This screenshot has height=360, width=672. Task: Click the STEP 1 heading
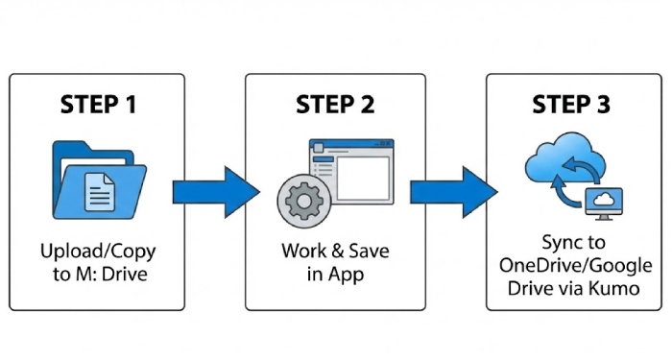(98, 104)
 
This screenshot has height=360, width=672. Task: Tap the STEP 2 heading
(335, 104)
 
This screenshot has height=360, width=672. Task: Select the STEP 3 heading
(571, 104)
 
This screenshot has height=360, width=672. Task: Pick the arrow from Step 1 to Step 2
(217, 191)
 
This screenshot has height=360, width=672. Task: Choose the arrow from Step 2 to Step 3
(454, 191)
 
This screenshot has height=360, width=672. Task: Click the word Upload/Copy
(98, 252)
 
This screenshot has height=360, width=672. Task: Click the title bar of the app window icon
(349, 147)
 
